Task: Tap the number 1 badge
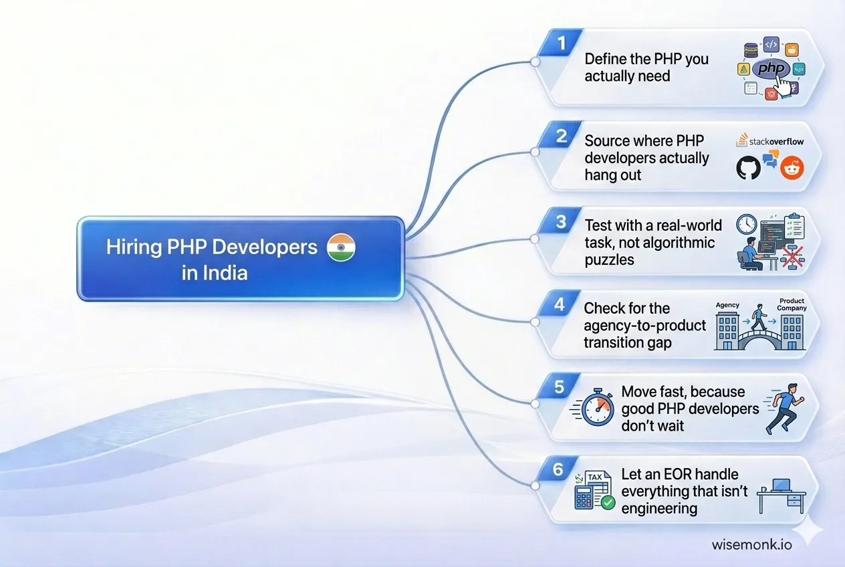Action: (562, 43)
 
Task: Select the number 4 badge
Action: (560, 304)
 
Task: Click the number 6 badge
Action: (559, 469)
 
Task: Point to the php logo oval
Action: (771, 68)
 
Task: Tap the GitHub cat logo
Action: (748, 168)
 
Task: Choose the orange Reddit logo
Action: (792, 168)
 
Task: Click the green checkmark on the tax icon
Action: (608, 503)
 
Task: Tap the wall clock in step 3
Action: (745, 224)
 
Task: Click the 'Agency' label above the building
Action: (727, 305)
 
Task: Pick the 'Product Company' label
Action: (792, 305)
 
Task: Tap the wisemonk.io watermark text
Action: (752, 544)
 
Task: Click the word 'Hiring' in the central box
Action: (134, 247)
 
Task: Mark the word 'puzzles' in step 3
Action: (609, 259)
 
